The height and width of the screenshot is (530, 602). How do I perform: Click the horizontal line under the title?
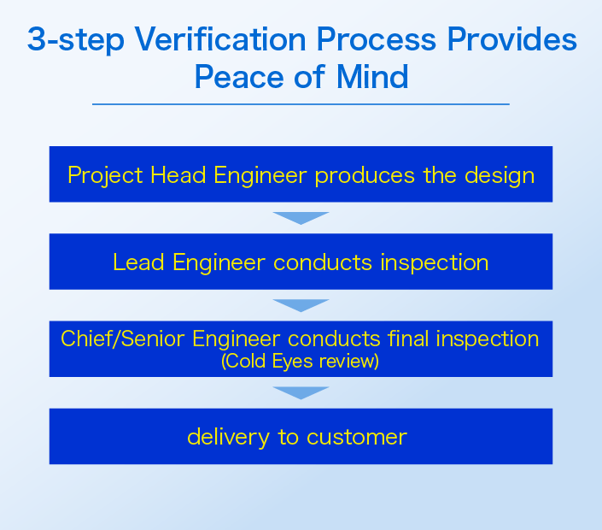pyautogui.click(x=301, y=104)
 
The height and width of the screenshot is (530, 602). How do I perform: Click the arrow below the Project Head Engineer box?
pyautogui.click(x=301, y=218)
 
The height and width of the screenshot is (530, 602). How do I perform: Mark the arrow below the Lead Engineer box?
pyautogui.click(x=301, y=305)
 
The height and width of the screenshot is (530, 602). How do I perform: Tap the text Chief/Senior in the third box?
pyautogui.click(x=123, y=339)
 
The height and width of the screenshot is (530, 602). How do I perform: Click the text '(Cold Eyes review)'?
pyautogui.click(x=300, y=361)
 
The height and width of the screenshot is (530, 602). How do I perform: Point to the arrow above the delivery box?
pyautogui.click(x=301, y=392)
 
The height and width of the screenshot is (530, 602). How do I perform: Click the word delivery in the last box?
pyautogui.click(x=225, y=437)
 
